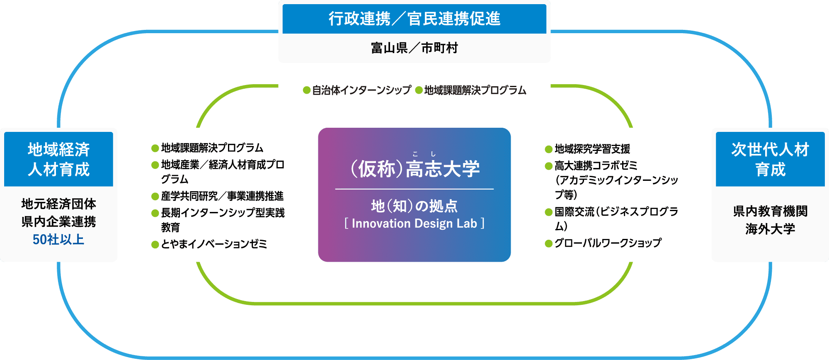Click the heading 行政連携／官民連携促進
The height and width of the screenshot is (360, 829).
click(414, 19)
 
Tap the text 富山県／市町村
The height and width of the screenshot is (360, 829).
click(414, 48)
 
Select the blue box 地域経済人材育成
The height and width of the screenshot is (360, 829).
click(58, 159)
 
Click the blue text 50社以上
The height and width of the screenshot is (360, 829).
click(58, 240)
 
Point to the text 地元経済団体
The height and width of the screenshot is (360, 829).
click(58, 204)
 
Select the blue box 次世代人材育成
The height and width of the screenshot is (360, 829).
click(770, 159)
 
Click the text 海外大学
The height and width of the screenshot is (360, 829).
click(770, 229)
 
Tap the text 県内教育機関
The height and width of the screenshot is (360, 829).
click(770, 211)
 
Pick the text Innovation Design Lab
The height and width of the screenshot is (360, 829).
click(414, 224)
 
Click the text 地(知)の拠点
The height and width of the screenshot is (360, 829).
click(414, 206)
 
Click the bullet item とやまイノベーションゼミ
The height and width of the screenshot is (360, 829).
click(214, 244)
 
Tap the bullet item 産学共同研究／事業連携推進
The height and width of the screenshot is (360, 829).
click(222, 196)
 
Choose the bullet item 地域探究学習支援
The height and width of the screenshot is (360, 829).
click(592, 148)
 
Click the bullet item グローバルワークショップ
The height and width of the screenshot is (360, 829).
click(608, 243)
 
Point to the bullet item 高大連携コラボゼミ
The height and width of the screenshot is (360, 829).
click(596, 165)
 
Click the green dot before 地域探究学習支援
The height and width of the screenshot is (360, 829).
click(549, 149)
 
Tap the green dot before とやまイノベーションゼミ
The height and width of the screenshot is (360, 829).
click(155, 245)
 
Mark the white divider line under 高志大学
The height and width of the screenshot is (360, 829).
click(414, 189)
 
